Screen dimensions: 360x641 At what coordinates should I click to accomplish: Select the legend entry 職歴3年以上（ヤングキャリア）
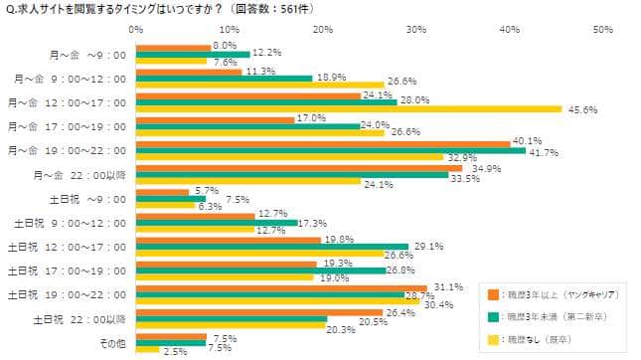[x=553, y=293]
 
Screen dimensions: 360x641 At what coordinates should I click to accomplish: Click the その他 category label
[x=113, y=344]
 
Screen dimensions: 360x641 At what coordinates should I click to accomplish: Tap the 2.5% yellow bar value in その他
[x=173, y=352]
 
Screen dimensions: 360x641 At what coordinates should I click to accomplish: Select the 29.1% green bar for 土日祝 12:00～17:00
[x=271, y=246]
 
